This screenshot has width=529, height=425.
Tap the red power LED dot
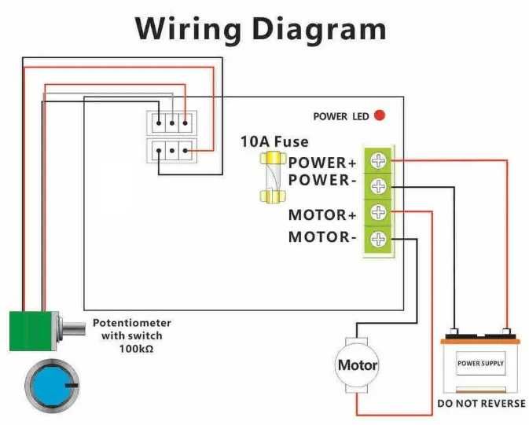tap(380, 116)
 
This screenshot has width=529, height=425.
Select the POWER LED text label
tap(340, 117)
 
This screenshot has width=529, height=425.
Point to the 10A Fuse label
tap(274, 142)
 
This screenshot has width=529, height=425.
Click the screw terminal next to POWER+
tap(379, 162)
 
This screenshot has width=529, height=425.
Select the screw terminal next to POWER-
tap(379, 186)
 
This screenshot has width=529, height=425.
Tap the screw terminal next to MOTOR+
tap(379, 212)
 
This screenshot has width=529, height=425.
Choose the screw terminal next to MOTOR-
tap(379, 238)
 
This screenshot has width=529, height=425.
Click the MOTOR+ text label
tap(318, 214)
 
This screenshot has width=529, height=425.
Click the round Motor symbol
tap(357, 365)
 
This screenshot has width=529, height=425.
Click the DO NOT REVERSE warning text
tap(481, 404)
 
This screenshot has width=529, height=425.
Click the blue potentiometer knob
tap(51, 387)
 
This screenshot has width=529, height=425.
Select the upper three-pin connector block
tap(171, 123)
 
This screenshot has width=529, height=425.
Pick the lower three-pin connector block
tap(171, 148)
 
